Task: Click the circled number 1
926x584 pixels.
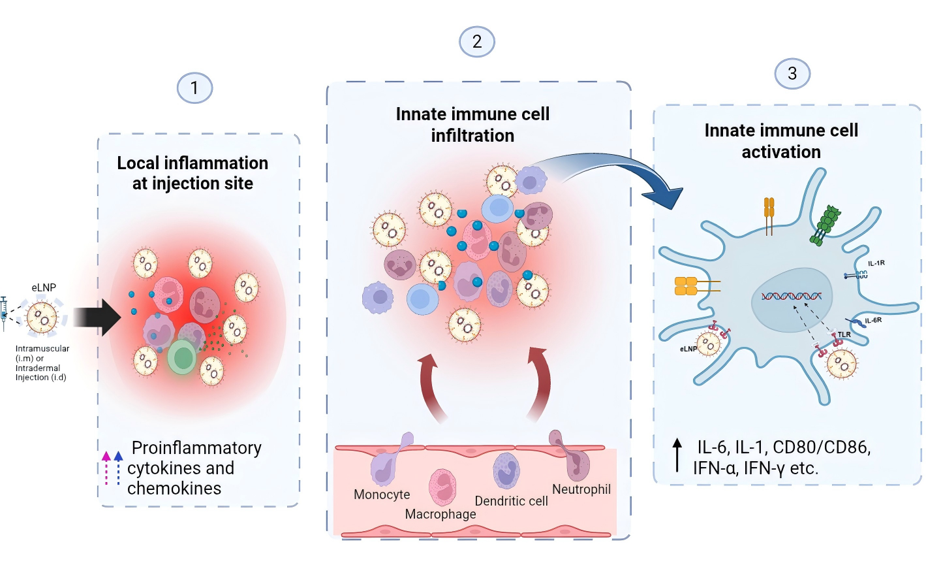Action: click(194, 88)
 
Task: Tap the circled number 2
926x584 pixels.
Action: click(477, 42)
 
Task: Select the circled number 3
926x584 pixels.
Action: click(792, 74)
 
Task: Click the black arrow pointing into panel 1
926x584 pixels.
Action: click(97, 317)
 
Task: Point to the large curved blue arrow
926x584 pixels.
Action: click(613, 171)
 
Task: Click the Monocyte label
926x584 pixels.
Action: click(382, 495)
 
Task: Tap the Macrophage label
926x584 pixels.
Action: click(440, 514)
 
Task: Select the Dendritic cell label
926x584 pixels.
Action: click(511, 501)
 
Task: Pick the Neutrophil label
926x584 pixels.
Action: click(581, 489)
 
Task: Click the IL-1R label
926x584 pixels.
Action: click(876, 263)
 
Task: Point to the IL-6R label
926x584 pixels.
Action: click(873, 320)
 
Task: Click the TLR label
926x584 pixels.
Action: click(844, 334)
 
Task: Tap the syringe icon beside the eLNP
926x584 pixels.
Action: click(4, 312)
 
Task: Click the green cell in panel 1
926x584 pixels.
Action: click(182, 357)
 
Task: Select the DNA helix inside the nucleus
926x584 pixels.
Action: click(791, 297)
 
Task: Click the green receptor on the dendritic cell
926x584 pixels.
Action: click(826, 224)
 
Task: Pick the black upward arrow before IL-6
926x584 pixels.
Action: click(677, 455)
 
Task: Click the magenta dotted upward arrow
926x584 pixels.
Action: click(106, 468)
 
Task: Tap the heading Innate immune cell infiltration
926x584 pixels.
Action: click(472, 125)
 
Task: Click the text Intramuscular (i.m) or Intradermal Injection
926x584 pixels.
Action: click(42, 363)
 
